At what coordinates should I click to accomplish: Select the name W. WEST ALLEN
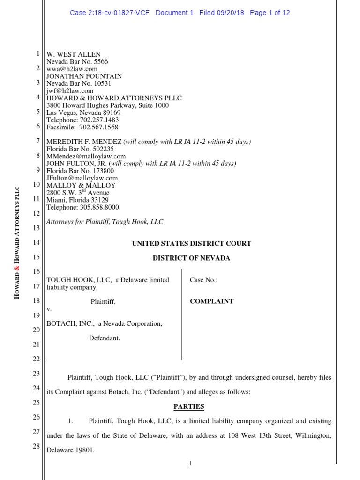pos(74,54)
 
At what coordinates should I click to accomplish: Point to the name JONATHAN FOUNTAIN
pos(84,76)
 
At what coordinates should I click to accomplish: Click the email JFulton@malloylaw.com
pos(82,178)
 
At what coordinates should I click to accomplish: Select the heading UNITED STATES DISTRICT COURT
pos(191,243)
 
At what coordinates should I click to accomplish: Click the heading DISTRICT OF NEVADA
pos(191,258)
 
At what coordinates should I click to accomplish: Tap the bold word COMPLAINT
pos(211,301)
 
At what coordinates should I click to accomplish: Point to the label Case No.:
pos(203,280)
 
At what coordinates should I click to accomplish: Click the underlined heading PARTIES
pos(189,406)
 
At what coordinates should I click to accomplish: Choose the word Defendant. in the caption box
pos(105,337)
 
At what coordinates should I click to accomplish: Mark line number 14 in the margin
pos(37,243)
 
